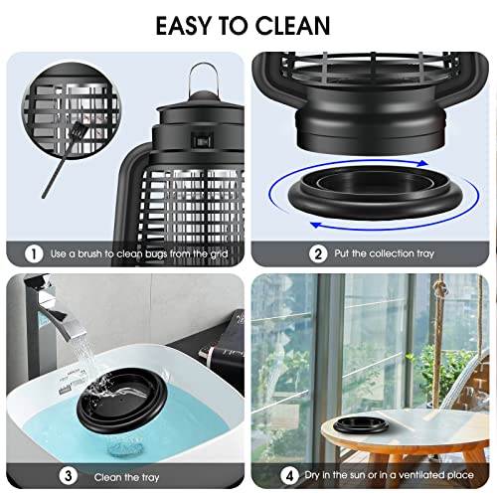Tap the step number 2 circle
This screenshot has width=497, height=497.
pos(319,253)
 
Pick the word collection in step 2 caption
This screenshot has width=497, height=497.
pos(395,253)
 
